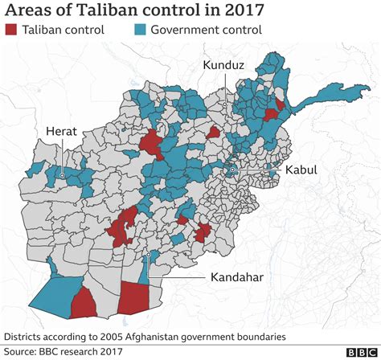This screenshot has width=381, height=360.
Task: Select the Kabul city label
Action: click(x=301, y=170)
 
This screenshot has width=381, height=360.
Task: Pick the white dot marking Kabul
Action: click(x=231, y=170)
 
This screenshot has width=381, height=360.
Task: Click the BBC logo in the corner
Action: click(x=361, y=352)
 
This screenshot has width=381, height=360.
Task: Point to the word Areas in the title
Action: click(x=29, y=10)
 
